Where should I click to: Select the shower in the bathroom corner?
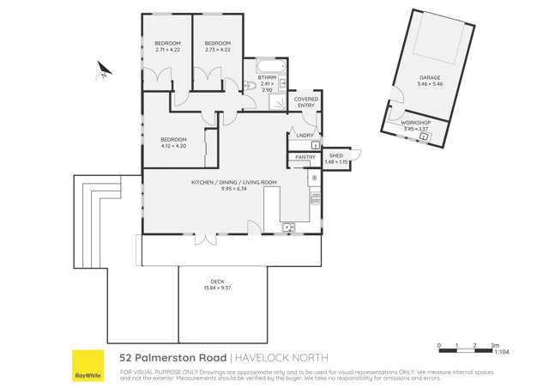point(278,103)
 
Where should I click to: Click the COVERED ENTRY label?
point(306,101)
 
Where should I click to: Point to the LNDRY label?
point(305,136)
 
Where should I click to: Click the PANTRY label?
point(305,157)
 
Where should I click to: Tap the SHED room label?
point(335,155)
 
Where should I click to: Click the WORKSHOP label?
point(415,123)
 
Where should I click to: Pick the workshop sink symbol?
point(423,136)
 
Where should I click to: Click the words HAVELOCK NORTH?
point(270,356)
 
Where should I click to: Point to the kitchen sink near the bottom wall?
point(288,227)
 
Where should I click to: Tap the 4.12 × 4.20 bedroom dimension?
point(173,146)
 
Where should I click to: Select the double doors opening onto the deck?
point(201,238)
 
